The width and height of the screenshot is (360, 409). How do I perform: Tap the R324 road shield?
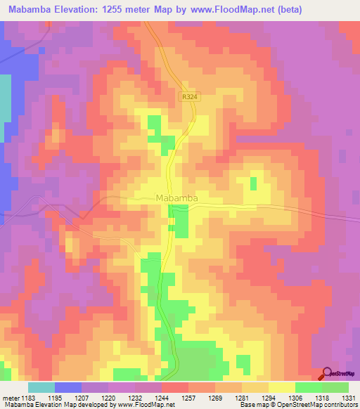[x=187, y=98]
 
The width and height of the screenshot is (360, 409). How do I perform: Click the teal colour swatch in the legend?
[x=41, y=387]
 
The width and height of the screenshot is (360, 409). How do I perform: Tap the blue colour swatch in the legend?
[x=68, y=387]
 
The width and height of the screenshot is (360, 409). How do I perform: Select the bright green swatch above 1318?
[x=309, y=387]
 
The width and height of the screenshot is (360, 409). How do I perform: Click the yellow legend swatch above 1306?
[x=282, y=387]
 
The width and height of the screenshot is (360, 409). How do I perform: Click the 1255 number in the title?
[x=134, y=11]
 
